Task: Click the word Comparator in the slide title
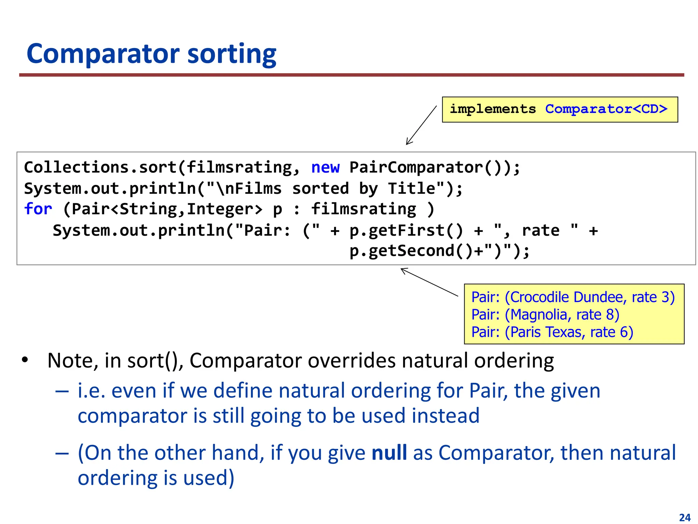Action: tap(103, 54)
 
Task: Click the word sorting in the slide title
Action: tap(232, 54)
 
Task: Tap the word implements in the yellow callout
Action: tap(492, 109)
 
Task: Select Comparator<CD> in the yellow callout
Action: tap(606, 109)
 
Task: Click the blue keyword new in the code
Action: tap(325, 168)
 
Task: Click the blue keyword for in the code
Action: tap(38, 209)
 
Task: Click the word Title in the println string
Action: tap(411, 188)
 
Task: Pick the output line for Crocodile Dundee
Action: tap(573, 297)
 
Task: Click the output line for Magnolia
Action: tap(545, 315)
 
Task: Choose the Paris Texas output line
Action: tap(552, 332)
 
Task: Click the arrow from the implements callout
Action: tap(421, 125)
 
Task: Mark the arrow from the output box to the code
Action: tap(429, 282)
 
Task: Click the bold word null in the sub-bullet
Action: tap(389, 453)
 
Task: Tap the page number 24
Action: tap(685, 518)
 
